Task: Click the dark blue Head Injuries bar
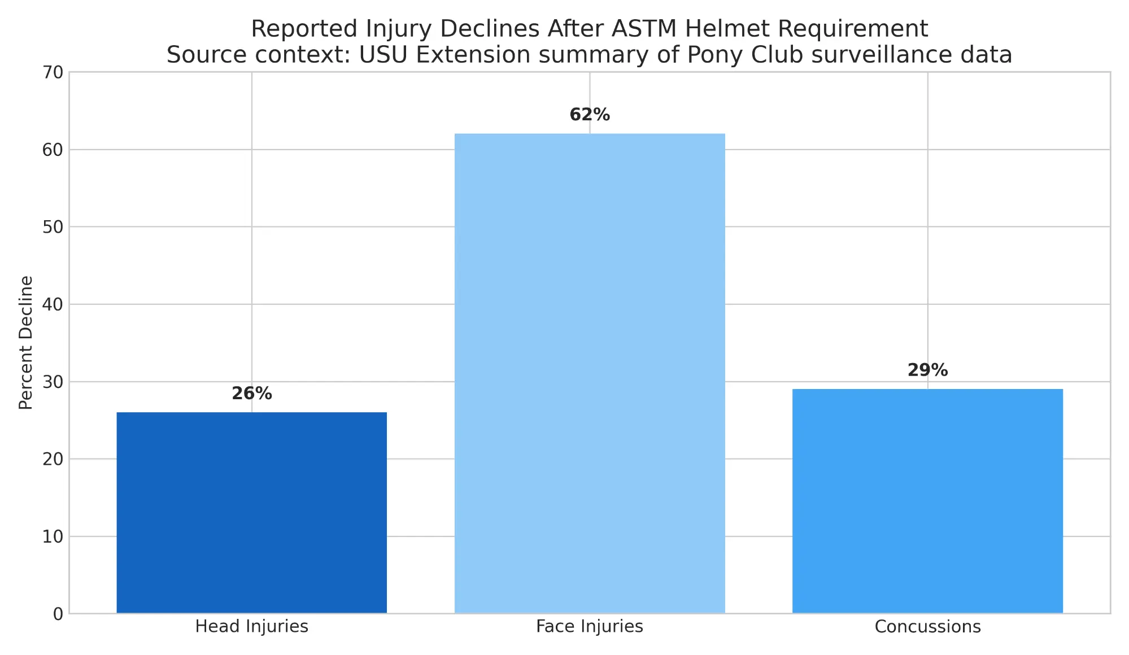pyautogui.click(x=251, y=512)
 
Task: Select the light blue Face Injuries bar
pyautogui.click(x=590, y=373)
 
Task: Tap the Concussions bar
pyautogui.click(x=927, y=501)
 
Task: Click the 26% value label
pyautogui.click(x=252, y=394)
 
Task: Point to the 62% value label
pyautogui.click(x=590, y=115)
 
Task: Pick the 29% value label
pyautogui.click(x=927, y=370)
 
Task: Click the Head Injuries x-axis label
pyautogui.click(x=251, y=627)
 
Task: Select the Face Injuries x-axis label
pyautogui.click(x=590, y=627)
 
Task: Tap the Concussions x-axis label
pyautogui.click(x=927, y=627)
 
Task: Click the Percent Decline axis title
pyautogui.click(x=26, y=342)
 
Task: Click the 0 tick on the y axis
pyautogui.click(x=58, y=614)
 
